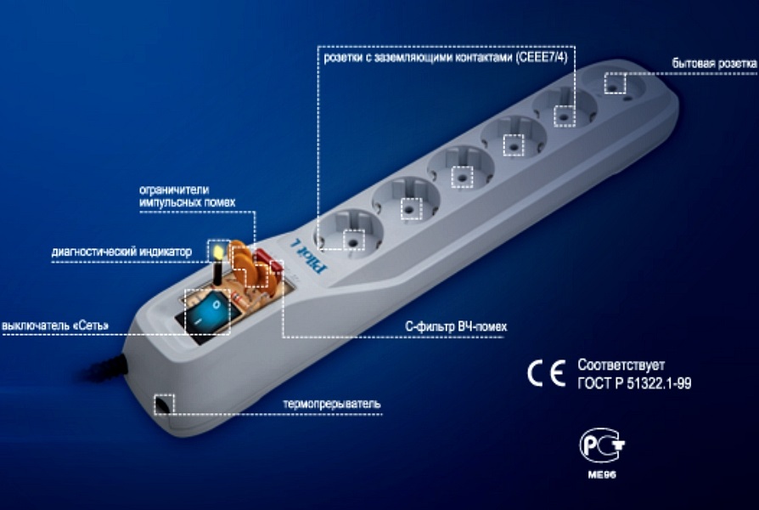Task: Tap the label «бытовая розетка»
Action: [713, 64]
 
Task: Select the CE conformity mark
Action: [545, 374]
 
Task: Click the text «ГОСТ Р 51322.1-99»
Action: [633, 383]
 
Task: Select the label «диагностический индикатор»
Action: [127, 251]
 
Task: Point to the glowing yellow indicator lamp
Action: [216, 252]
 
